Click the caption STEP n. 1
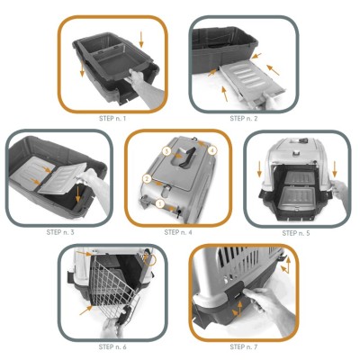(x=112, y=119)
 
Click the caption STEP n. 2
(x=244, y=119)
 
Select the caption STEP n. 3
(x=60, y=232)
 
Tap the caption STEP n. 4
(x=178, y=232)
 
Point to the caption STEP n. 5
(x=296, y=233)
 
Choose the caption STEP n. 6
(x=112, y=347)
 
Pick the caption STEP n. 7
(x=244, y=347)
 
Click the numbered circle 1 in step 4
(x=160, y=204)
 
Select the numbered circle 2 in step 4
(x=147, y=179)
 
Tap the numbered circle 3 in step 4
(x=167, y=151)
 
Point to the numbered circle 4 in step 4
(x=212, y=150)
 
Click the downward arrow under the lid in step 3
(x=78, y=194)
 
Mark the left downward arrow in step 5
(x=259, y=170)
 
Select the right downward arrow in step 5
(x=335, y=170)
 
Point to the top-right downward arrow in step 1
(x=141, y=40)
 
